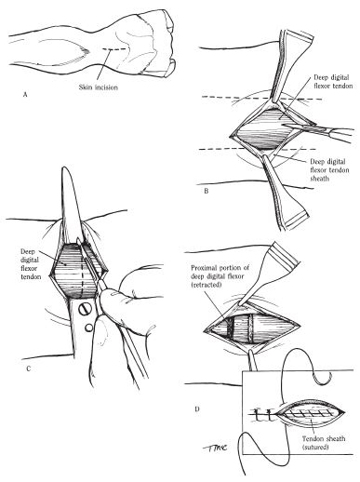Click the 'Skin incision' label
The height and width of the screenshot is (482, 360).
click(99, 87)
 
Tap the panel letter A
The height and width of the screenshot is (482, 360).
click(25, 95)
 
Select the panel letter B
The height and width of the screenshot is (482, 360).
click(207, 191)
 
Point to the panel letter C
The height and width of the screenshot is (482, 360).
click(28, 368)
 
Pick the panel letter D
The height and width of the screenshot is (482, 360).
click(197, 409)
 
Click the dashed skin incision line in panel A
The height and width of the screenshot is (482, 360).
click(114, 49)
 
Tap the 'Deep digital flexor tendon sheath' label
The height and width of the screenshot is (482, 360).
click(329, 170)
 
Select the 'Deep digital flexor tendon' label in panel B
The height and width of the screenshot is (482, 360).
click(333, 81)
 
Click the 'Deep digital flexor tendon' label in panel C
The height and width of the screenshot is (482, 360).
click(31, 263)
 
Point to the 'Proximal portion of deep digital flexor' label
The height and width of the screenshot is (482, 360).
click(220, 276)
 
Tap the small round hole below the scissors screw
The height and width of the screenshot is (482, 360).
click(88, 328)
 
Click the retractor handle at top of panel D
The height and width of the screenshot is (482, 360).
click(271, 273)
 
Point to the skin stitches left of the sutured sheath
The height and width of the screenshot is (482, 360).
click(263, 415)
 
